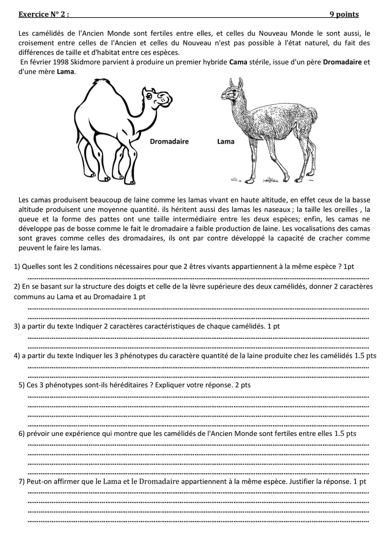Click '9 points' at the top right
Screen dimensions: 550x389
pyautogui.click(x=344, y=15)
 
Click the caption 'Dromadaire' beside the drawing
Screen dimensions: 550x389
pyautogui.click(x=169, y=142)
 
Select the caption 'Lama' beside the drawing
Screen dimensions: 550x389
pyautogui.click(x=226, y=142)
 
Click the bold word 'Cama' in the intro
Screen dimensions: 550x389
pyautogui.click(x=238, y=62)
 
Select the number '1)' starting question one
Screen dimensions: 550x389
pyautogui.click(x=17, y=266)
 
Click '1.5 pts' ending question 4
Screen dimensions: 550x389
pyautogui.click(x=366, y=356)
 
